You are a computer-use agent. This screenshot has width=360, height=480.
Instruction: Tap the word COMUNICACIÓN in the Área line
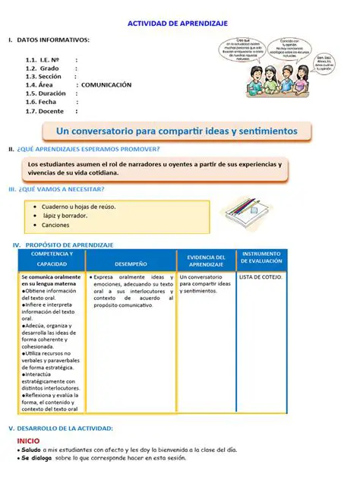coord(106,85)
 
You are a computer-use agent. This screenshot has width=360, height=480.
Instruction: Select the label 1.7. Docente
coord(46,111)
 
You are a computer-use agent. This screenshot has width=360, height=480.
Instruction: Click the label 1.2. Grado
coord(43,68)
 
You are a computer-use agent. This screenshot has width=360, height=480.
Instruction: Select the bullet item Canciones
coord(55,225)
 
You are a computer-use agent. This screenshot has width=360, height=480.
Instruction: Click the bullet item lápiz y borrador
coord(65,215)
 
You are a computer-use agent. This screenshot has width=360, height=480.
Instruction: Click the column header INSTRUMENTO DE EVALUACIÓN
coord(261,257)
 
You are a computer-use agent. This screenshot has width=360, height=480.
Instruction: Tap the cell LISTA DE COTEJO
coord(261,277)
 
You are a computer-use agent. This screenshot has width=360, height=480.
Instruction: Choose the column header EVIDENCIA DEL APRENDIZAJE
coord(206,261)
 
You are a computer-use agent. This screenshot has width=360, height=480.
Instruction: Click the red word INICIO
coord(28,440)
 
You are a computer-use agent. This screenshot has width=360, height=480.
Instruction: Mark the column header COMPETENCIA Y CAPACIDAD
coord(52,258)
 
